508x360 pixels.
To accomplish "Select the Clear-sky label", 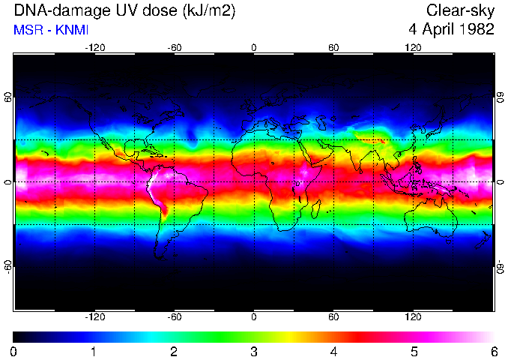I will click(x=460, y=10).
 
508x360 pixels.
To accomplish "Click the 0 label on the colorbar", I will click(x=14, y=351).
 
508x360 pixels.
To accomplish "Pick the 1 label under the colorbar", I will click(x=94, y=351).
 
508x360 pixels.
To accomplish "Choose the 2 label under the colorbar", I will click(x=174, y=351).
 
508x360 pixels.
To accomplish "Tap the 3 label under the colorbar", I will click(x=254, y=351).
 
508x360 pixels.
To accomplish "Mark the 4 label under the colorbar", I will click(x=333, y=351).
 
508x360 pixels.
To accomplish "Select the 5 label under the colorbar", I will click(x=414, y=351).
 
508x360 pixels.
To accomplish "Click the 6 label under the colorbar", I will click(x=493, y=351).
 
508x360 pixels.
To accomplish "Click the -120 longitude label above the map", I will click(x=94, y=47).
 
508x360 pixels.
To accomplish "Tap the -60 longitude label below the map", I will click(x=174, y=316).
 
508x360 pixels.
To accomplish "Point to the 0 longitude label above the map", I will click(x=254, y=47).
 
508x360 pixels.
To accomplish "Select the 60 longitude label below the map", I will click(x=333, y=316).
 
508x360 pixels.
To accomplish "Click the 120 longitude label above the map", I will click(x=413, y=47).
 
